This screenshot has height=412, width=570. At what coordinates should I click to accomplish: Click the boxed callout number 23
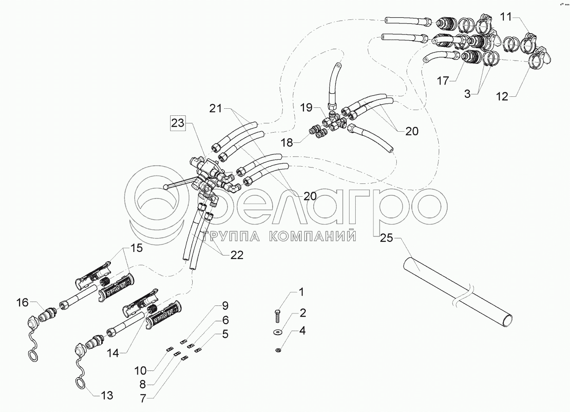point(178,124)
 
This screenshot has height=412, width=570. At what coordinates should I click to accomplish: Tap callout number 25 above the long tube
point(386,238)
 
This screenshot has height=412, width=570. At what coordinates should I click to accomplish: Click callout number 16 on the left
point(22,302)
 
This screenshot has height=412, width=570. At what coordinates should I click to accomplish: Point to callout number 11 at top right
point(506,17)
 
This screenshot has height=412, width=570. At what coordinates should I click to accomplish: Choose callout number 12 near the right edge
point(502,96)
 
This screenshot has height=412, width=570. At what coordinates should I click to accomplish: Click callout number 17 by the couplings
point(443,81)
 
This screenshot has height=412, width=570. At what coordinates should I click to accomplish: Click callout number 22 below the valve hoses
point(236,256)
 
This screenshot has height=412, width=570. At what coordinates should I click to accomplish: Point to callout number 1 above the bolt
point(301,292)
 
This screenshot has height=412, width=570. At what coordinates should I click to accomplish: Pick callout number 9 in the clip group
point(225,305)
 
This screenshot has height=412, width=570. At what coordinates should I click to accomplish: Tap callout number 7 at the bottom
point(143,398)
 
